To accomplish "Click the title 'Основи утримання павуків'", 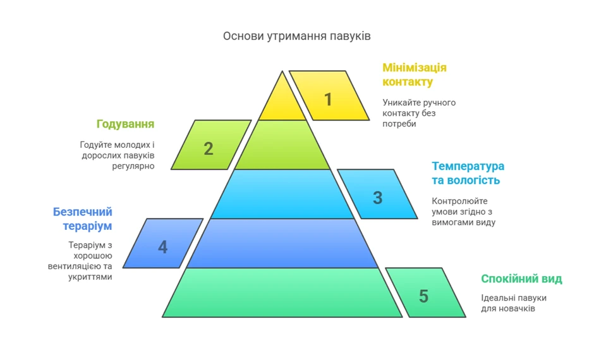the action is pyautogui.click(x=296, y=36).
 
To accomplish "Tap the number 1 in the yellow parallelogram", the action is pyautogui.click(x=328, y=100).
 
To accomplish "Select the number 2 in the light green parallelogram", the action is pyautogui.click(x=209, y=149).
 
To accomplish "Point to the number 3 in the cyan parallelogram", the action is pyautogui.click(x=377, y=198).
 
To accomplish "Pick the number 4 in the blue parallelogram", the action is pyautogui.click(x=162, y=247).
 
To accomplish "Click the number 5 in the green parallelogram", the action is pyautogui.click(x=423, y=296).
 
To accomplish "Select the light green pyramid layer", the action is pyautogui.click(x=282, y=145).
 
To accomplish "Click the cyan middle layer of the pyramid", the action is pyautogui.click(x=282, y=194).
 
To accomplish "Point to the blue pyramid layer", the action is pyautogui.click(x=282, y=243).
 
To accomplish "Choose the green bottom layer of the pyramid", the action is pyautogui.click(x=282, y=292).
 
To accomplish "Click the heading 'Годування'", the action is pyautogui.click(x=125, y=124).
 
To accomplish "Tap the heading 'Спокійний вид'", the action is pyautogui.click(x=521, y=279).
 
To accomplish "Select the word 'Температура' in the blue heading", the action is pyautogui.click(x=468, y=166).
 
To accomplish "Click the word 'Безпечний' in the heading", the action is pyautogui.click(x=83, y=212).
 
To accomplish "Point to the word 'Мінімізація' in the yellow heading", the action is pyautogui.click(x=415, y=68).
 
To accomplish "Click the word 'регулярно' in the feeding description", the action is pyautogui.click(x=133, y=166).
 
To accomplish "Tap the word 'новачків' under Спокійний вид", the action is pyautogui.click(x=516, y=308).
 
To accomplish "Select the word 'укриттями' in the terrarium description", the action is pyautogui.click(x=90, y=277).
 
